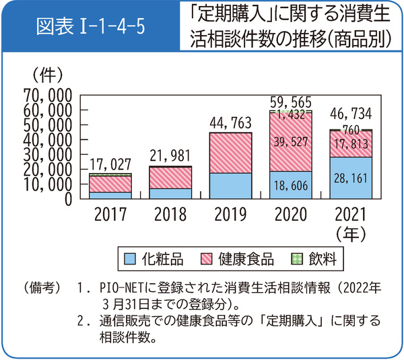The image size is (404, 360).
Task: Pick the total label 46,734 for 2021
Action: [349, 113]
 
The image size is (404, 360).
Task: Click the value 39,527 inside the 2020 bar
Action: [291, 142]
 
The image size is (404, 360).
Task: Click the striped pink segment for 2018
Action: [170, 177]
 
